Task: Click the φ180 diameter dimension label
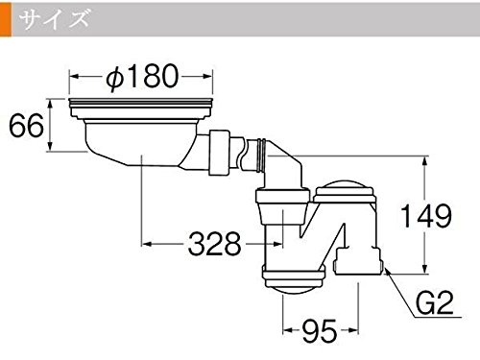(x=142, y=76)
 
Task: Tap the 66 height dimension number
(x=26, y=126)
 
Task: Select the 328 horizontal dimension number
(x=214, y=244)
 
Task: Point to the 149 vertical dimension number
(x=426, y=216)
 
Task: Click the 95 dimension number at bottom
(x=320, y=330)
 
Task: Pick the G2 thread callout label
(x=435, y=302)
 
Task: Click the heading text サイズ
(x=54, y=18)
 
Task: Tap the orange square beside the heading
(x=6, y=19)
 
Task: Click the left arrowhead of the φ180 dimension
(x=74, y=76)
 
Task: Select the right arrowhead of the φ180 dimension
(x=208, y=76)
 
